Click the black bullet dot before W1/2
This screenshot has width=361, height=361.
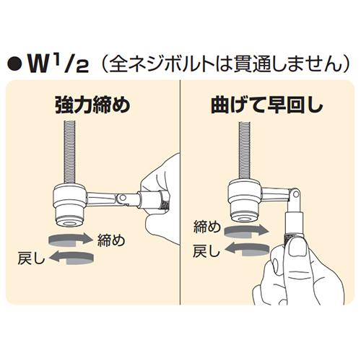[15, 64]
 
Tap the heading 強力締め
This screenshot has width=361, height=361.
[93, 105]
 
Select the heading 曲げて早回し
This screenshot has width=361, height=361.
[267, 105]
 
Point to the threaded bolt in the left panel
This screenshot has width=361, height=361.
[70, 153]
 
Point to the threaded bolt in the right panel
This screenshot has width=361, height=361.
[245, 150]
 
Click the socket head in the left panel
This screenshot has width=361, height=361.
[70, 205]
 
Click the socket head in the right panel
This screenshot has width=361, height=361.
[245, 200]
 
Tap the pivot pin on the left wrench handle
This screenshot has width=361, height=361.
[123, 198]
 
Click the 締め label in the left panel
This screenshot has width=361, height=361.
[111, 240]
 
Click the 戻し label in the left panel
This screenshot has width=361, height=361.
[31, 258]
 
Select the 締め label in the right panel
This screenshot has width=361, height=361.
[207, 227]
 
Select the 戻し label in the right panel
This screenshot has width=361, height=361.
[206, 251]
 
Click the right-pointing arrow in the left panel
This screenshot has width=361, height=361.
[71, 239]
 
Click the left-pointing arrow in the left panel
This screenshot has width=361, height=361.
[71, 258]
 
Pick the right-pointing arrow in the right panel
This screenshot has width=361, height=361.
[246, 232]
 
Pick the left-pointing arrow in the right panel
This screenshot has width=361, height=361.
[247, 249]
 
